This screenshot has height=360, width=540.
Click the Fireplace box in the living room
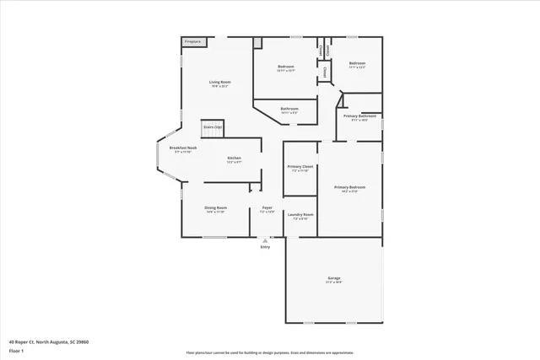point(192,40)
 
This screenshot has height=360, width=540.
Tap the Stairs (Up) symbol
point(212,128)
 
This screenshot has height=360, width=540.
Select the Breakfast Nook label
point(183,148)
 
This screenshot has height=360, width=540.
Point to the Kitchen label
point(235,159)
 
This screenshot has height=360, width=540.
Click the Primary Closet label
point(300,167)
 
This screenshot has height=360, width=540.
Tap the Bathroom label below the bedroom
point(289,109)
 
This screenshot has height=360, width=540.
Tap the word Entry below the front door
point(265,247)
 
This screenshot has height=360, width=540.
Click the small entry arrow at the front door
point(265,239)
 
